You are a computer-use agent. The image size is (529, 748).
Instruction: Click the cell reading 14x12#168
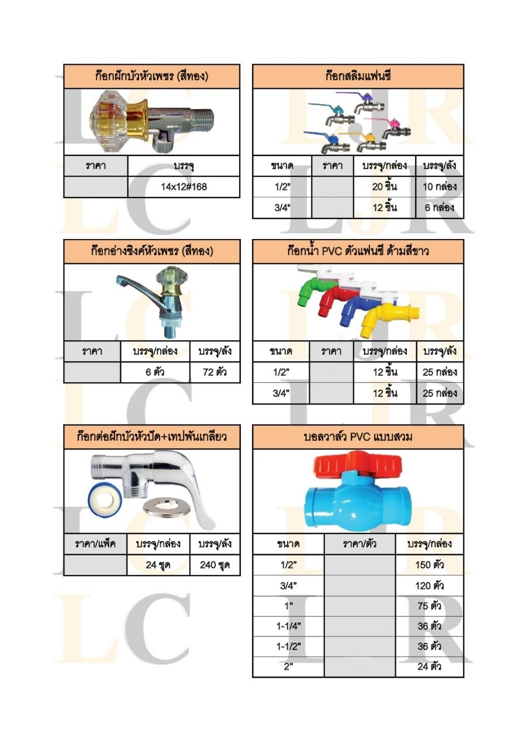pos(184,187)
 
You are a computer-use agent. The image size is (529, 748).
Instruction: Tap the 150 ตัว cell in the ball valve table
pos(429,565)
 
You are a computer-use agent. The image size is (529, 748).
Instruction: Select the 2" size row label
pos(288,667)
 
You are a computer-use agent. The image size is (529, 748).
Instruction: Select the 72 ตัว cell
pos(215,372)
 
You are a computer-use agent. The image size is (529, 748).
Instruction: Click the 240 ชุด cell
pos(215,565)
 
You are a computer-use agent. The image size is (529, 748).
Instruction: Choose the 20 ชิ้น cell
pos(385,187)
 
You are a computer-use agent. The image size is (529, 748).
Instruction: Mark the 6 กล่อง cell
pos(440,207)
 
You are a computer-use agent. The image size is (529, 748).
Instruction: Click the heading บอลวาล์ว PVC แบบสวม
pos(358,437)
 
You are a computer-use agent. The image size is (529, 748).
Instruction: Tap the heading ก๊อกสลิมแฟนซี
pos(358,76)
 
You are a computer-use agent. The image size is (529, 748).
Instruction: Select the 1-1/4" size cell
pos(288,626)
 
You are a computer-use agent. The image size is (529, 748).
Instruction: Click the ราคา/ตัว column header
pos(359,544)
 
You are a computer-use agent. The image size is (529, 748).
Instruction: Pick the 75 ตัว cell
pos(429,606)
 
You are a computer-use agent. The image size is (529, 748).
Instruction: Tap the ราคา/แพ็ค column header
pos(95,544)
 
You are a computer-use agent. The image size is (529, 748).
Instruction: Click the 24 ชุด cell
pos(158,565)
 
